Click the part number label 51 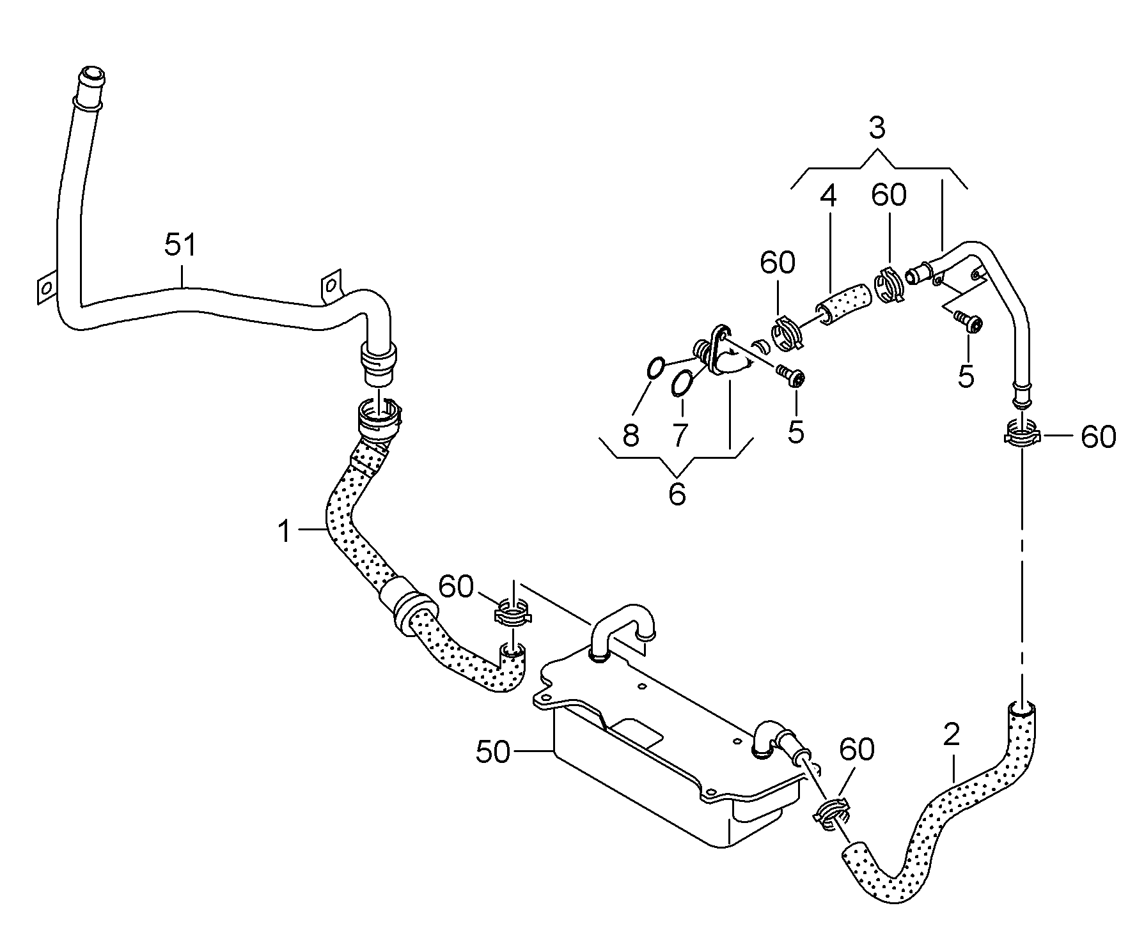tap(181, 246)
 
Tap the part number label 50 tap(494, 752)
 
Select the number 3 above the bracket tap(877, 128)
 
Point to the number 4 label tap(828, 196)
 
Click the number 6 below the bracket tap(677, 494)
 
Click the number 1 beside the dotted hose tap(285, 532)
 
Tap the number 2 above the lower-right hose tap(952, 735)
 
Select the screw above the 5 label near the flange tap(792, 376)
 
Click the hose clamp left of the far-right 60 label tap(1021, 435)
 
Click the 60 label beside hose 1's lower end tap(456, 587)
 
